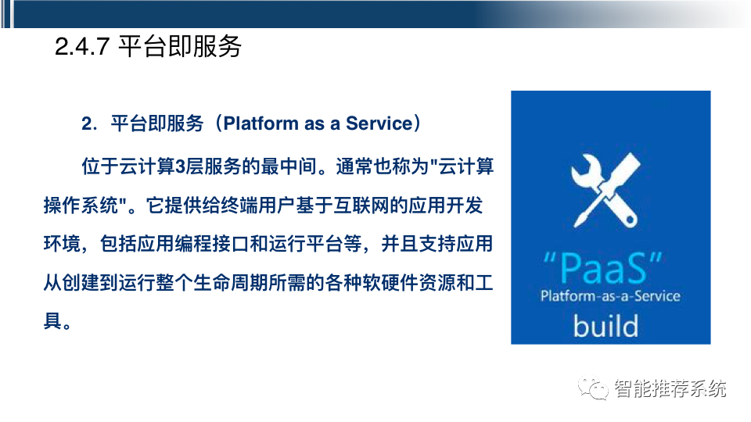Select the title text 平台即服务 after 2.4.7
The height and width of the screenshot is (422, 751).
pos(180,48)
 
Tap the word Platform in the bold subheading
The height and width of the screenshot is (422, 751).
pos(254,123)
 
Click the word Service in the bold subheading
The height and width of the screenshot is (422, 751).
pos(379,123)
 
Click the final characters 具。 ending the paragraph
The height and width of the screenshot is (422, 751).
pos(59,320)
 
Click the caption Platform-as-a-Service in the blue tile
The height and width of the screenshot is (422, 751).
pos(610,296)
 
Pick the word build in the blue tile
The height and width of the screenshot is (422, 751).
pos(605,324)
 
